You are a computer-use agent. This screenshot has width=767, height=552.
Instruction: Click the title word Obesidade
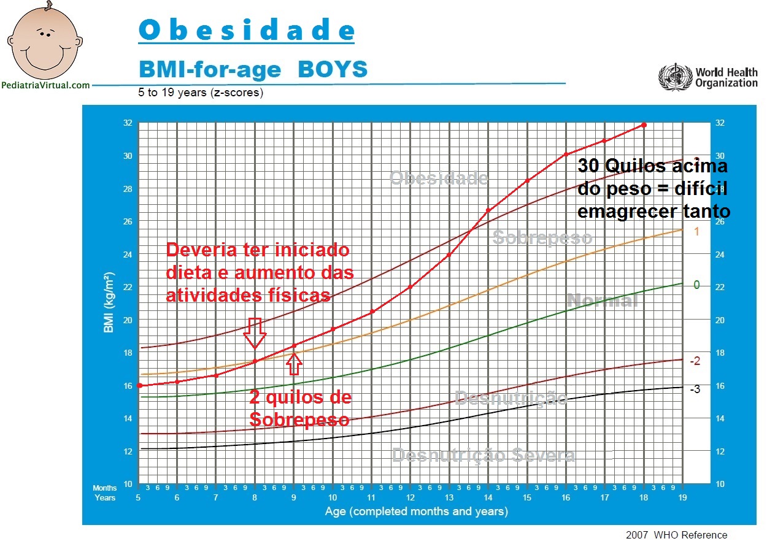pyautogui.click(x=246, y=30)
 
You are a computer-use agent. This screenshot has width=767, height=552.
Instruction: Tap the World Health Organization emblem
pyautogui.click(x=674, y=77)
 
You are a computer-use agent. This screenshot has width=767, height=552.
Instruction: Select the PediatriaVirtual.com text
pyautogui.click(x=46, y=86)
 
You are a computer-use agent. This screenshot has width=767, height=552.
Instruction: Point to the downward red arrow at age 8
pyautogui.click(x=255, y=333)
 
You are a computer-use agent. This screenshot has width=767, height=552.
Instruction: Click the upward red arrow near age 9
pyautogui.click(x=295, y=364)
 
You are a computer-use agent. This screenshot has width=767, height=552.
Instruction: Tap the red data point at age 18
pyautogui.click(x=644, y=125)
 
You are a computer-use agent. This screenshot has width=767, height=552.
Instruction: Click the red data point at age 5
pyautogui.click(x=140, y=385)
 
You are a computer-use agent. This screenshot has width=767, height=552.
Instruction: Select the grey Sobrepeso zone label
pyautogui.click(x=542, y=238)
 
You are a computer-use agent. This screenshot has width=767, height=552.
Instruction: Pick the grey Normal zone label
pyautogui.click(x=602, y=301)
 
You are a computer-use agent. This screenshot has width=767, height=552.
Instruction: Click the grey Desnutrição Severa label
pyautogui.click(x=484, y=456)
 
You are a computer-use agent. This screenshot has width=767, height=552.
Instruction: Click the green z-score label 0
pyautogui.click(x=696, y=285)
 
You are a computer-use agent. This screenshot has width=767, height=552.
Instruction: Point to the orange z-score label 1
pyautogui.click(x=696, y=232)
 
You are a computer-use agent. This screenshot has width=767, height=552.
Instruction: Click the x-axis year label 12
pyautogui.click(x=410, y=497)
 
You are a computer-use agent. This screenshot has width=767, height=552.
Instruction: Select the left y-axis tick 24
pyautogui.click(x=127, y=255)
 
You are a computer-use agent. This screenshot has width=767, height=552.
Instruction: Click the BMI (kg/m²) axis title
pyautogui.click(x=110, y=303)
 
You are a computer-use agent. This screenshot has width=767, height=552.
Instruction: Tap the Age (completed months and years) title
pyautogui.click(x=416, y=511)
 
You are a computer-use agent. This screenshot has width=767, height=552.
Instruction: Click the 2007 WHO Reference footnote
pyautogui.click(x=676, y=535)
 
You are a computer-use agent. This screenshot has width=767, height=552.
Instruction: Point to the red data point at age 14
pyautogui.click(x=488, y=210)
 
